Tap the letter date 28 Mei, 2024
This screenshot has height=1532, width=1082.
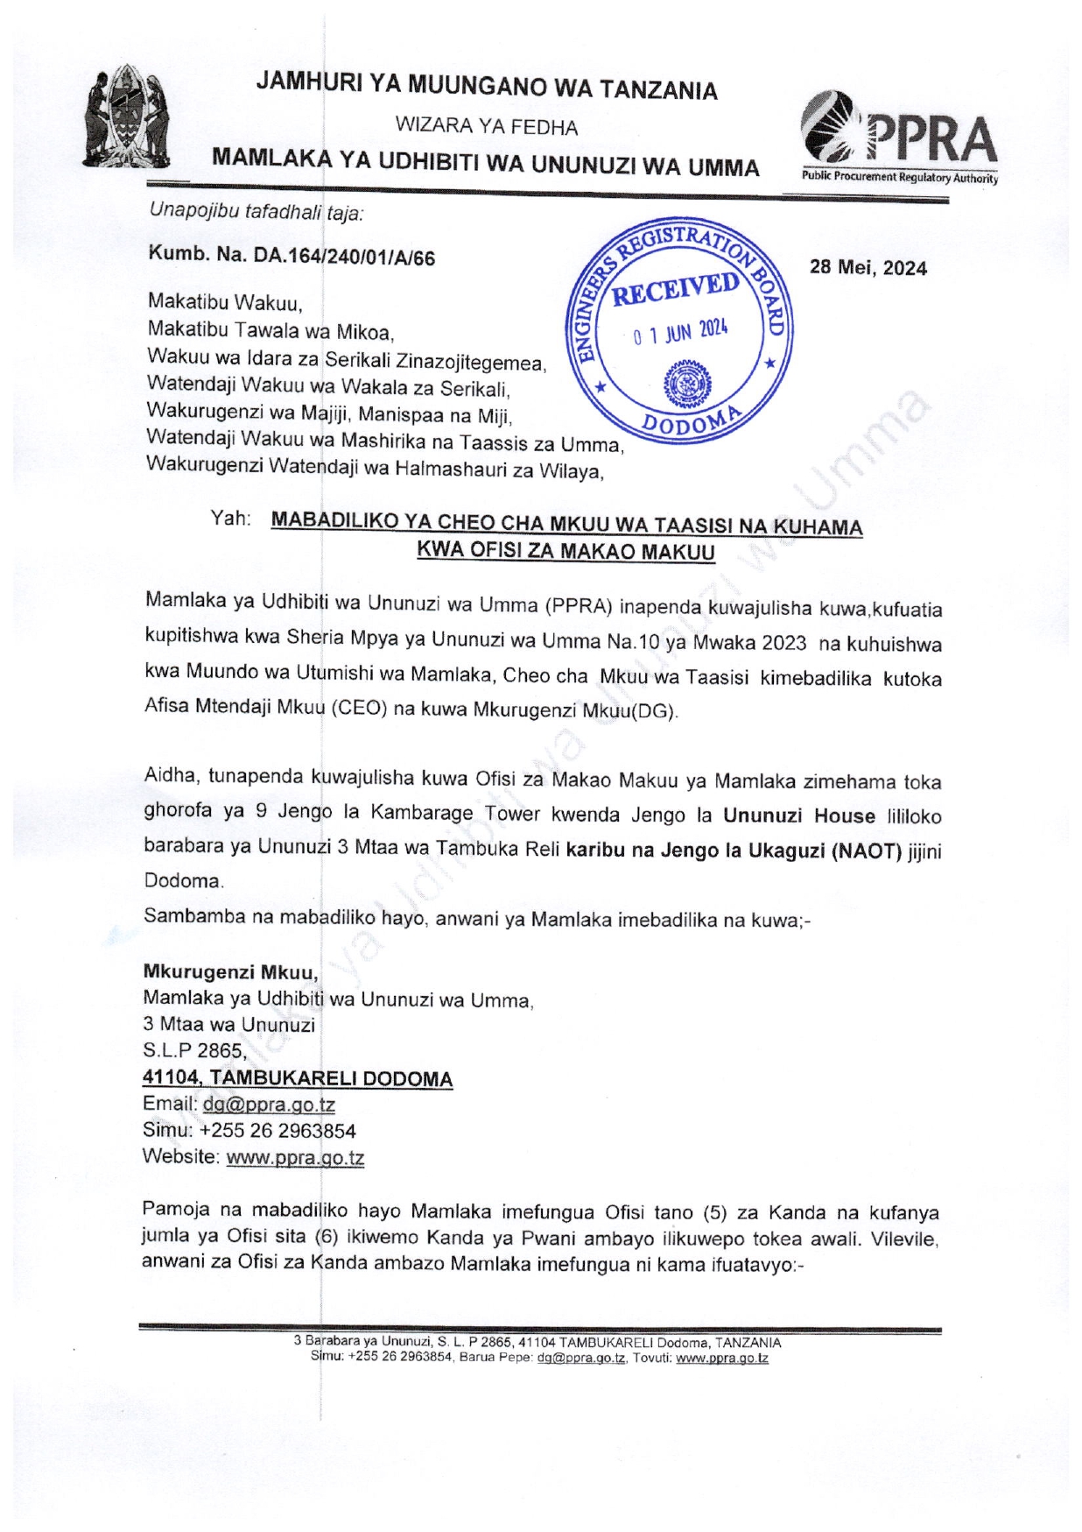[x=868, y=268]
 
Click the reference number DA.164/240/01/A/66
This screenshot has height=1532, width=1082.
[x=344, y=258]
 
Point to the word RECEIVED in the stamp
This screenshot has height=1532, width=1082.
[x=675, y=289]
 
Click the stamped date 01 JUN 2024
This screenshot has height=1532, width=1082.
[x=680, y=333]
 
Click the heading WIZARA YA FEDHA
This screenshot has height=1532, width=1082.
[x=486, y=127]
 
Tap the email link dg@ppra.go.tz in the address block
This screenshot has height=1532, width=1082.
[x=269, y=1105]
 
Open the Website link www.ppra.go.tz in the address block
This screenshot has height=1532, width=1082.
[x=295, y=1157]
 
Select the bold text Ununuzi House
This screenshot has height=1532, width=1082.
[x=798, y=816]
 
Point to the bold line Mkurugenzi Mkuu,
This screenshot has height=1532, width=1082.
[x=230, y=972]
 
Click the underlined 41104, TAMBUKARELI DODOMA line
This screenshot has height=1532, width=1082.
[x=298, y=1078]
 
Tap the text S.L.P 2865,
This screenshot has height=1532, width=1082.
[x=194, y=1051]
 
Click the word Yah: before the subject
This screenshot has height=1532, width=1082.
[x=230, y=519]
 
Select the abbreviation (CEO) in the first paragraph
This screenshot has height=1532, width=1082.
[x=359, y=709]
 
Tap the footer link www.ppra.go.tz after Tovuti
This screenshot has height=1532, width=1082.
[x=722, y=1359]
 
